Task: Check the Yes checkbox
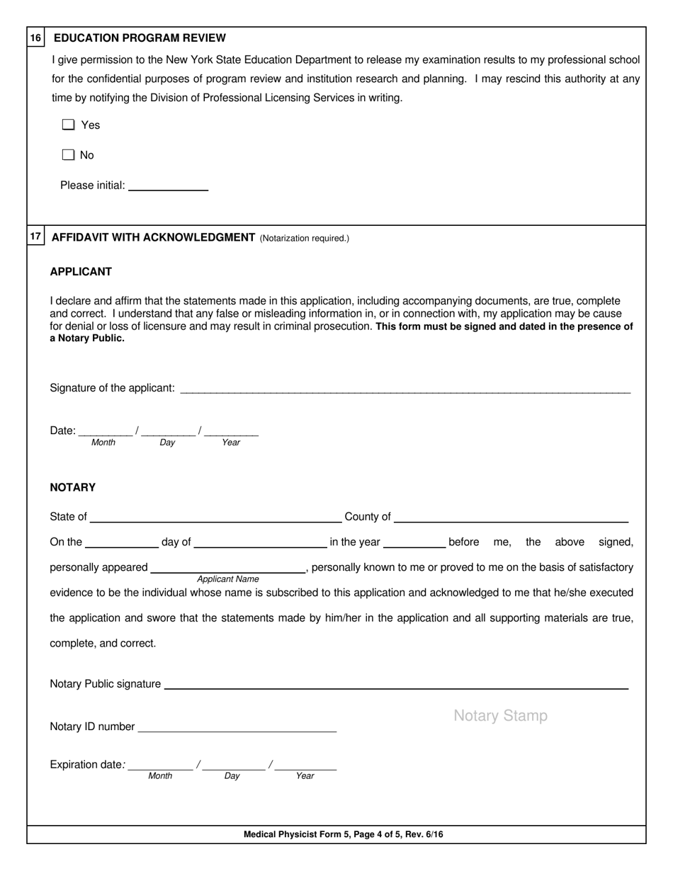tap(68, 125)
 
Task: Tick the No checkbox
tap(68, 155)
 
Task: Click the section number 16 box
tap(36, 38)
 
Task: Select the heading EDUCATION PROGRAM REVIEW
tap(140, 38)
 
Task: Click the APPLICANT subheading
tap(81, 272)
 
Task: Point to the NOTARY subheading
tap(72, 488)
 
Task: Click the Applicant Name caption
tap(228, 579)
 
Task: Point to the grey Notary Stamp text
tap(500, 716)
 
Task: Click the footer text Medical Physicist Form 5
tap(344, 835)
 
